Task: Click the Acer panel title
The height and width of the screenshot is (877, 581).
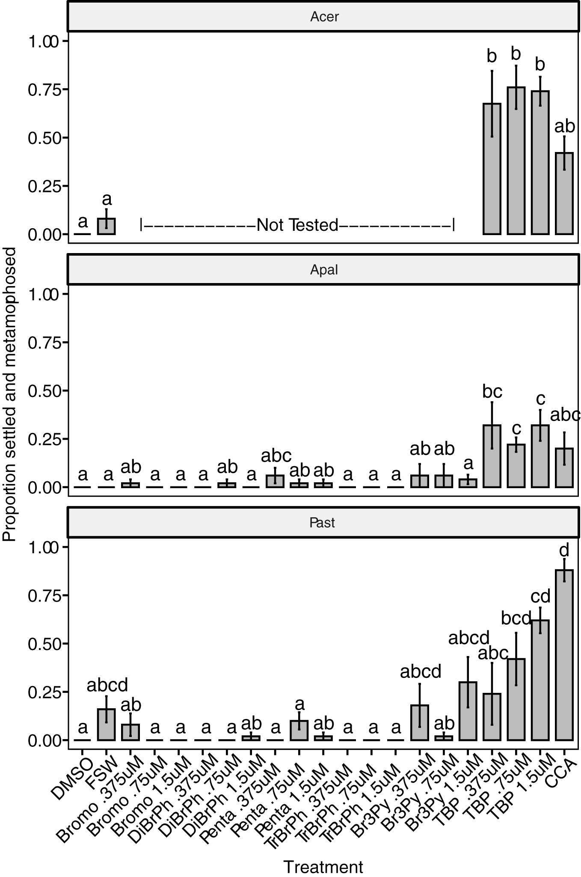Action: pos(324,17)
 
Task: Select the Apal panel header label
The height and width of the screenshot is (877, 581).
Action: pos(324,270)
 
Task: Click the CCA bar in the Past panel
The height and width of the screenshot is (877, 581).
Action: pos(564,655)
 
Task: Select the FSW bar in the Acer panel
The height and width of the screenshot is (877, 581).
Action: pos(107,226)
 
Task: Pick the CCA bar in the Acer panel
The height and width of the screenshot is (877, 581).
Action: pos(564,194)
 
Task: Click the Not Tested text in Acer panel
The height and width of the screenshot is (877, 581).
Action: pos(297,225)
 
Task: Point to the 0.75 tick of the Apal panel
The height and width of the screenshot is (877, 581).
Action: pos(42,343)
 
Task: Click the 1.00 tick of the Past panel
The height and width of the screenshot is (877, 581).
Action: pos(42,548)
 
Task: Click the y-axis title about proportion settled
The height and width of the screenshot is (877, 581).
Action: pos(9,394)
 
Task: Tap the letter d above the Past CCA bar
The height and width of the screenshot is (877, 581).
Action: pos(564,550)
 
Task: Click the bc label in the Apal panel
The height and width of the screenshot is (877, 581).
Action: pos(492,391)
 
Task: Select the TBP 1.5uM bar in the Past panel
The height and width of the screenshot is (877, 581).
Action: pos(540,680)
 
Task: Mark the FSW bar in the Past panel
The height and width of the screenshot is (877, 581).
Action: pos(107,725)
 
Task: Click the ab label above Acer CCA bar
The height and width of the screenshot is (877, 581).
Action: pos(564,126)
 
